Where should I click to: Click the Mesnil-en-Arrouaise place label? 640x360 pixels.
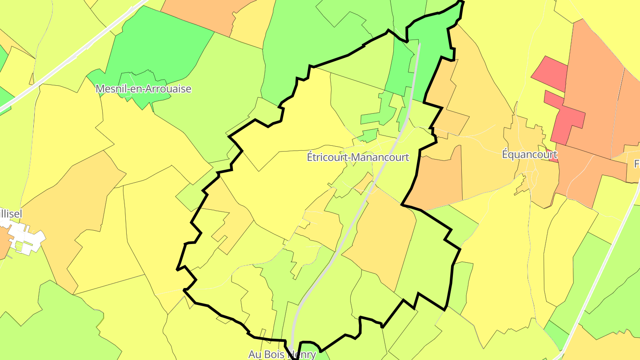tap(144, 89)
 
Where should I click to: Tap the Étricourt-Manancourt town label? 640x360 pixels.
tap(358, 157)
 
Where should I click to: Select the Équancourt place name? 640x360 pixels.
tap(529, 154)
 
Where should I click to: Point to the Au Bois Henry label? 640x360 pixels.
tap(282, 354)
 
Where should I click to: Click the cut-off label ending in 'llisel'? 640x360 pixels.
tap(11, 213)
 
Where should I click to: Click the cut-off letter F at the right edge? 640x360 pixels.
tap(636, 164)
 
